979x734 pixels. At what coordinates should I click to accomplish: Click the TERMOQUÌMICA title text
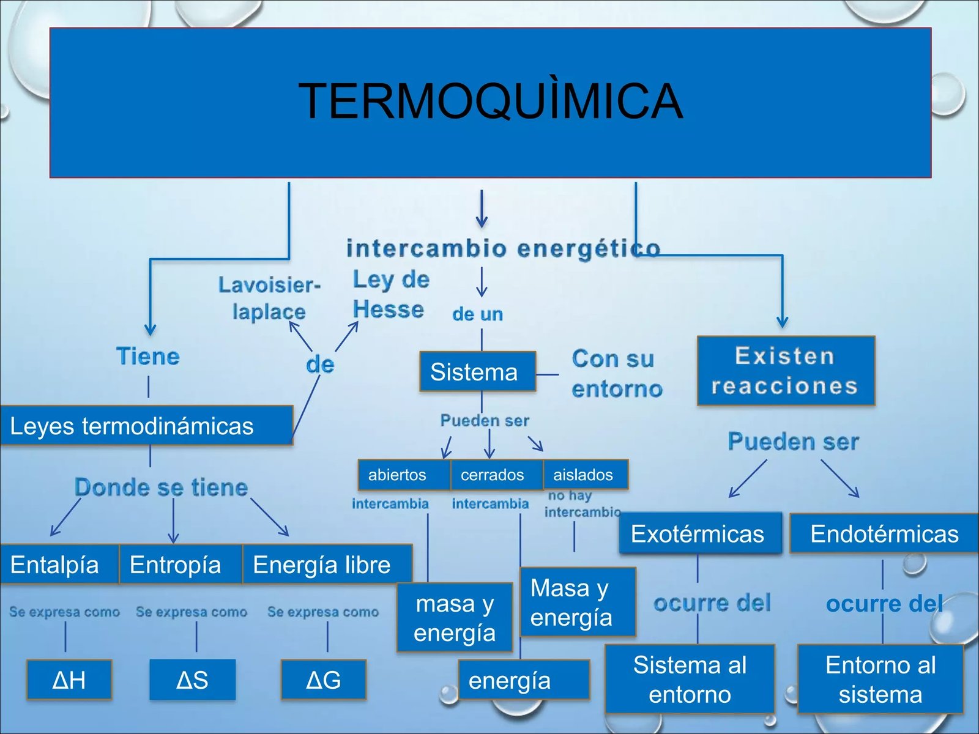(x=490, y=101)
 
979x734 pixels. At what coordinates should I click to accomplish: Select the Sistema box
(x=478, y=372)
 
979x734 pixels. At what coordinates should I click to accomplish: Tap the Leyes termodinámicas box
(x=146, y=425)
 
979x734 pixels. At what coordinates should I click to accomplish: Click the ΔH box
(x=69, y=680)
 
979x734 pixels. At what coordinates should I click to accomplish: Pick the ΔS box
(x=193, y=680)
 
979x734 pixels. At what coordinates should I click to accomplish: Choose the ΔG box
(x=323, y=680)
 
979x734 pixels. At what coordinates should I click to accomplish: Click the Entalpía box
(x=59, y=564)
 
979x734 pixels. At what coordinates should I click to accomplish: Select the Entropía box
(x=181, y=564)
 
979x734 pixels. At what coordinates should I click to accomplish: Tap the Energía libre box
(x=327, y=564)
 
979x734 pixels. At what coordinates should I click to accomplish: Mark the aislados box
(x=586, y=475)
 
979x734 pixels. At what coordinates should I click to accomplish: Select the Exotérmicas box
(x=700, y=533)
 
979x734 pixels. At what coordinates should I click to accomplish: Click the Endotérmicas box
(x=884, y=533)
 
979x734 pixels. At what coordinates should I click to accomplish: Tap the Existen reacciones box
(x=786, y=371)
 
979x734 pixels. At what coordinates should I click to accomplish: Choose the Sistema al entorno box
(x=690, y=679)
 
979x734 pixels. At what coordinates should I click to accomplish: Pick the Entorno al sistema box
(x=880, y=679)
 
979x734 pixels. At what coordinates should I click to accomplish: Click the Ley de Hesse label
(x=391, y=294)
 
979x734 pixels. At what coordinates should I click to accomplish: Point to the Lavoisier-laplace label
(x=269, y=298)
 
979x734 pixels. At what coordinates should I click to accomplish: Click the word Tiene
(x=148, y=357)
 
